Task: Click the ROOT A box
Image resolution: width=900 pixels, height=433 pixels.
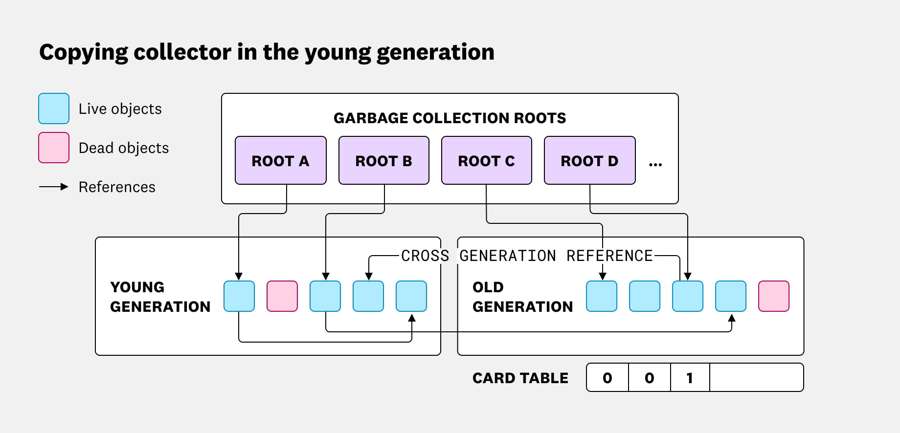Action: point(280,160)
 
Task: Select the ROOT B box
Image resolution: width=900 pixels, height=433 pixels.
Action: point(383,160)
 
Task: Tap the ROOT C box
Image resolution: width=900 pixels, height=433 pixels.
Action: point(486,160)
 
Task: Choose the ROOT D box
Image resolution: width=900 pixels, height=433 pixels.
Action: point(589,160)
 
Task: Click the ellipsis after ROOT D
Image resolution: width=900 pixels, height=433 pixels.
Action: point(655,165)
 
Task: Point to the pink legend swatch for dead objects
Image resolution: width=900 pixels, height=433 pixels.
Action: point(54,148)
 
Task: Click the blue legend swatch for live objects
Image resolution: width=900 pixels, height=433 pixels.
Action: point(54,108)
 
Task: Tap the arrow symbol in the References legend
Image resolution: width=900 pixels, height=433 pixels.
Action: point(54,187)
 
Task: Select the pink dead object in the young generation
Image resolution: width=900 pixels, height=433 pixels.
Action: point(282,296)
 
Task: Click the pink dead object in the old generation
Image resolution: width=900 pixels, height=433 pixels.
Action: point(774,296)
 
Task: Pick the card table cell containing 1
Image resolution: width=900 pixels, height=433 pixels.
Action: point(690,378)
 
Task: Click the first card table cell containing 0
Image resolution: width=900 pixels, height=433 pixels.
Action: point(607,378)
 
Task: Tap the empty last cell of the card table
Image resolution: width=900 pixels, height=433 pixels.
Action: point(756,378)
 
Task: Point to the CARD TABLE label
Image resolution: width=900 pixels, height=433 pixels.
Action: point(520,378)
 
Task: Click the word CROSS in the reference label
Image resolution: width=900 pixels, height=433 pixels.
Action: point(425,256)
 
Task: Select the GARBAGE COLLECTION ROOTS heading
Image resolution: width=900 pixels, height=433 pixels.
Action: point(450,118)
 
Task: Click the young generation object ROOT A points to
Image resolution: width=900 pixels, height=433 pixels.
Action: point(239,296)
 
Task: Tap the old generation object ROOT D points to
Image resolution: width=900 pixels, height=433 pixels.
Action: point(688,296)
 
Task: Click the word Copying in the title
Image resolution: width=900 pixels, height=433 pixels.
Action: point(83,52)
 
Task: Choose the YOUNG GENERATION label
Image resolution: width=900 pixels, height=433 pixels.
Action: point(160,297)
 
